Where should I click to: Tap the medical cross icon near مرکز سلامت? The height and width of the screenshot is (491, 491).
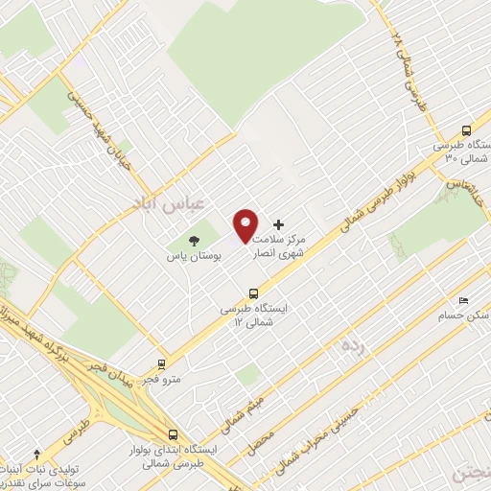pyautogui.click(x=279, y=223)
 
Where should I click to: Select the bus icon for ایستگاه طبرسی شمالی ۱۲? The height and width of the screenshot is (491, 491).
pyautogui.click(x=253, y=293)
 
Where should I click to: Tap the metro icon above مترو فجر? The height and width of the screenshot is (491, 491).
pyautogui.click(x=160, y=364)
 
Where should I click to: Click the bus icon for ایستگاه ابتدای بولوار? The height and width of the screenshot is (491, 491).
pyautogui.click(x=172, y=433)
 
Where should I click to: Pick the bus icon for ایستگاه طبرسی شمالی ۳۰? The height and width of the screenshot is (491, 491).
pyautogui.click(x=467, y=130)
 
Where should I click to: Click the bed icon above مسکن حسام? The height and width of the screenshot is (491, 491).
pyautogui.click(x=464, y=300)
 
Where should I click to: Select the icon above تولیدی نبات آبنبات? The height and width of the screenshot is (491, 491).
pyautogui.click(x=36, y=453)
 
